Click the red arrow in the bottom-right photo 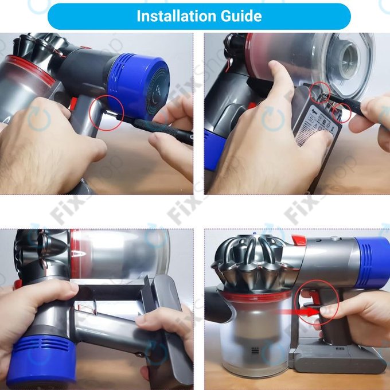[298, 313]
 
